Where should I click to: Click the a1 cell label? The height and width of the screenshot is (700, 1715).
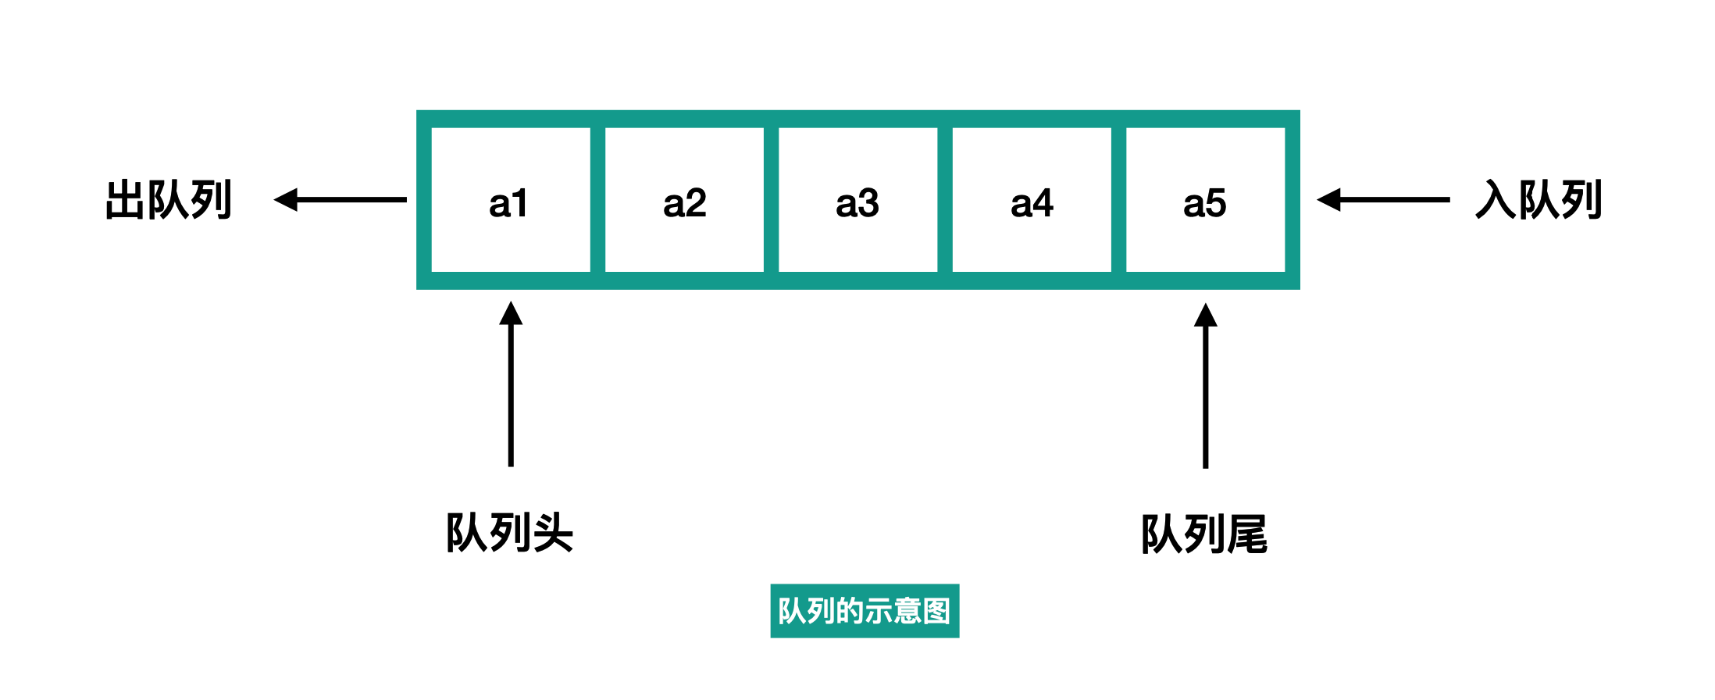[x=508, y=203]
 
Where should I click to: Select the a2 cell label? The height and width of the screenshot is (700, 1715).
[x=684, y=203]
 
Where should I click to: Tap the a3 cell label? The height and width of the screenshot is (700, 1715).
[x=857, y=203]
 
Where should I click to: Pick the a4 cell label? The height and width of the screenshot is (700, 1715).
[x=1032, y=203]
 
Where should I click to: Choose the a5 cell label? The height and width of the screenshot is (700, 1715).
[x=1204, y=203]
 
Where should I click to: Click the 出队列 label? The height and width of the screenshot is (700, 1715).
[x=169, y=200]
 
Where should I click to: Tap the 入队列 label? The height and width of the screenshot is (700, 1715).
[x=1539, y=200]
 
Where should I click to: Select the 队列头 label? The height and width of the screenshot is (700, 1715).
[x=509, y=533]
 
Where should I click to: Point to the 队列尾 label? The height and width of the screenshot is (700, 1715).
[x=1204, y=534]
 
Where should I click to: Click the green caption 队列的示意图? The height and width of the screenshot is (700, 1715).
[x=865, y=611]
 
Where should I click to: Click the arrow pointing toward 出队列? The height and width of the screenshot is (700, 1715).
[x=341, y=200]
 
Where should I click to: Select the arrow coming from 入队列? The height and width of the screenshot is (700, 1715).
[x=1383, y=200]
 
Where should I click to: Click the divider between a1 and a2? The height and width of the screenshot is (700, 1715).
[x=597, y=200]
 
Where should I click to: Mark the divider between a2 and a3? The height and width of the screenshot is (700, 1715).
[x=771, y=200]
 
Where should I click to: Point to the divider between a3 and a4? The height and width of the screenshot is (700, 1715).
[x=945, y=200]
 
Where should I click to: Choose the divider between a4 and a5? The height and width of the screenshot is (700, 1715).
[x=1118, y=200]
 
